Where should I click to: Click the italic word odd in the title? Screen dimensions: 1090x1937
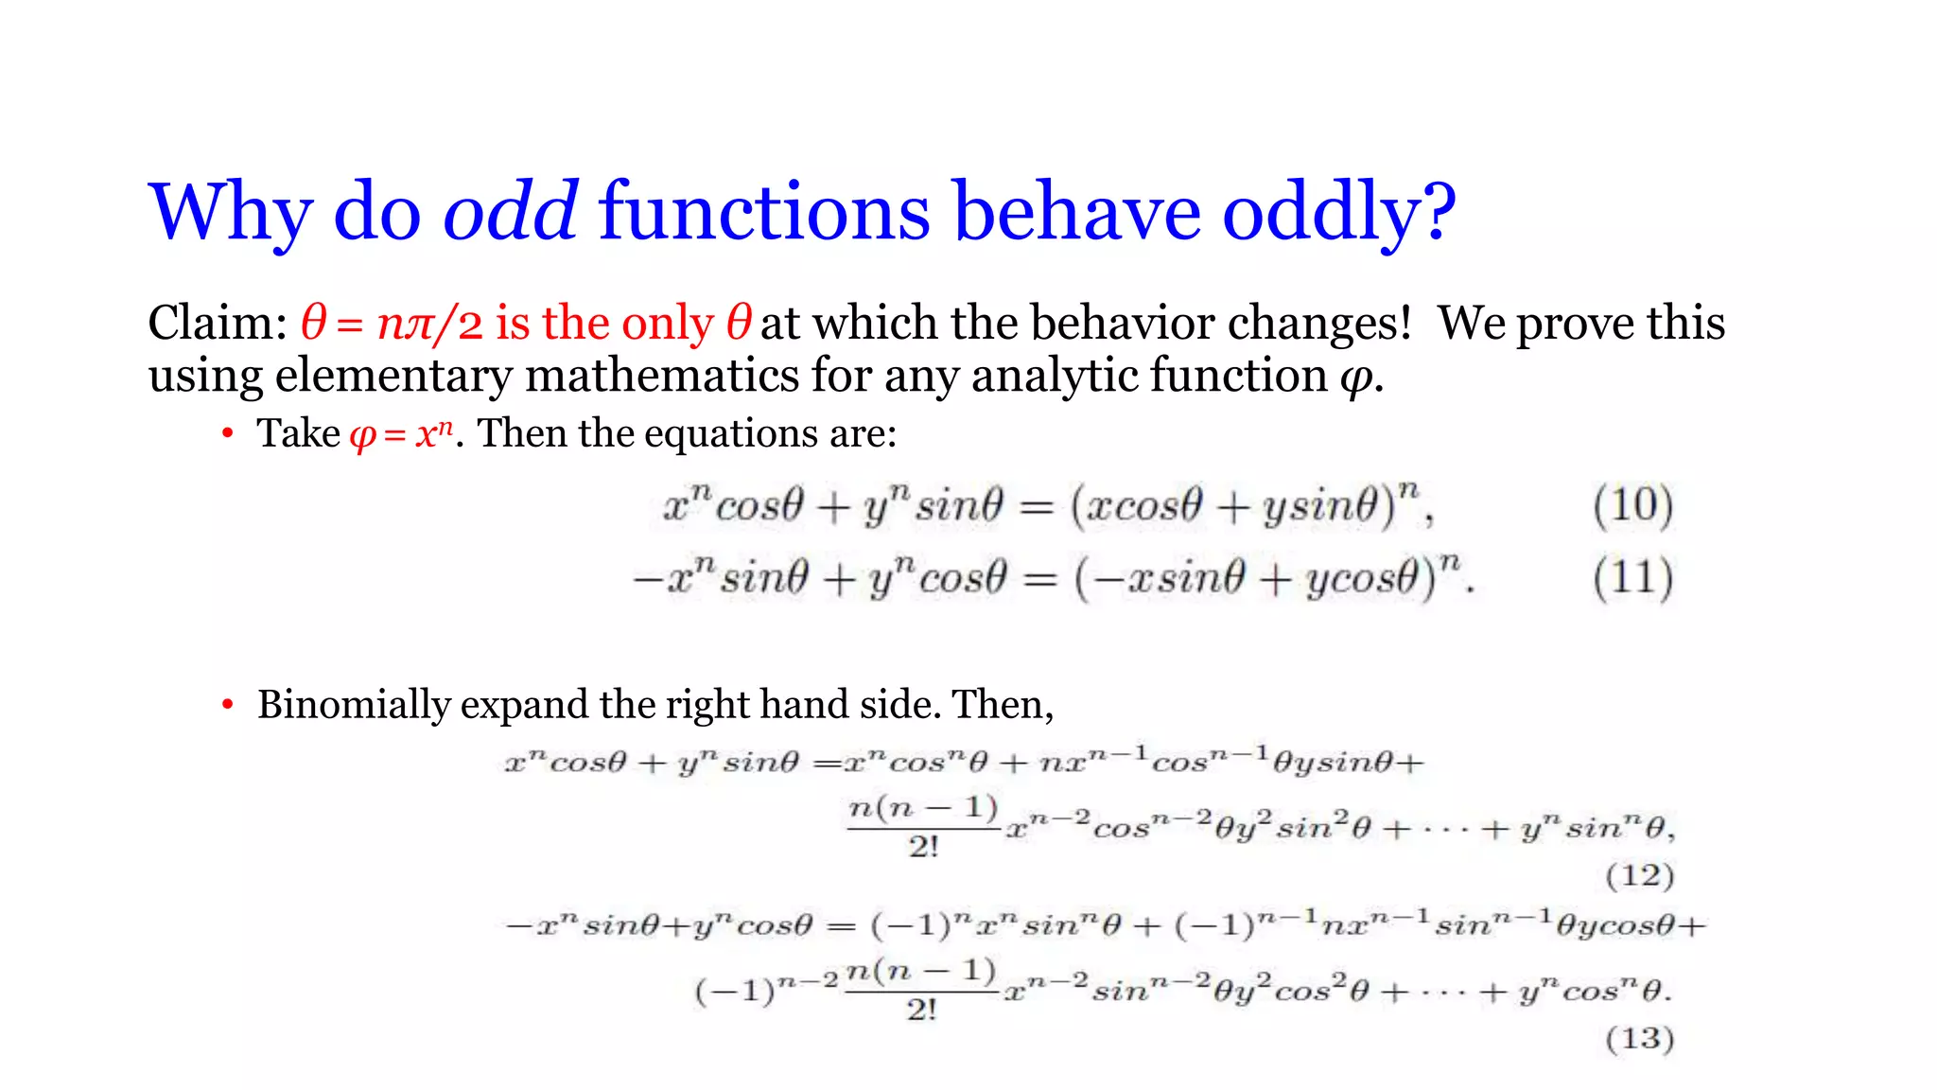click(x=510, y=212)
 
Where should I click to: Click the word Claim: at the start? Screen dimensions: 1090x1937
click(x=218, y=324)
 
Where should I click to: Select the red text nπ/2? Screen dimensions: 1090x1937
click(x=429, y=325)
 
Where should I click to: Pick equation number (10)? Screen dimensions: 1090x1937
click(x=1632, y=505)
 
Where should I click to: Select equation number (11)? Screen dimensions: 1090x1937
click(x=1632, y=578)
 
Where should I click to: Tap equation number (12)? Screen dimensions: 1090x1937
click(x=1639, y=875)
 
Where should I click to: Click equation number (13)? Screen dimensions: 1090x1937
click(x=1639, y=1039)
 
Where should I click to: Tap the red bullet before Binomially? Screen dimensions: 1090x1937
click(x=227, y=705)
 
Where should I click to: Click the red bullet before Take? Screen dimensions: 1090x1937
click(x=227, y=434)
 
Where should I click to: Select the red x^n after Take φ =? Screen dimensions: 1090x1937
click(x=434, y=434)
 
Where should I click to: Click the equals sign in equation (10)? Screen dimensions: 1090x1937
click(x=1037, y=509)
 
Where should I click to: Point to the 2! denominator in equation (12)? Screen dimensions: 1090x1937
click(x=923, y=847)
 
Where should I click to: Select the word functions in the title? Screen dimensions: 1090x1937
click(x=764, y=212)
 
